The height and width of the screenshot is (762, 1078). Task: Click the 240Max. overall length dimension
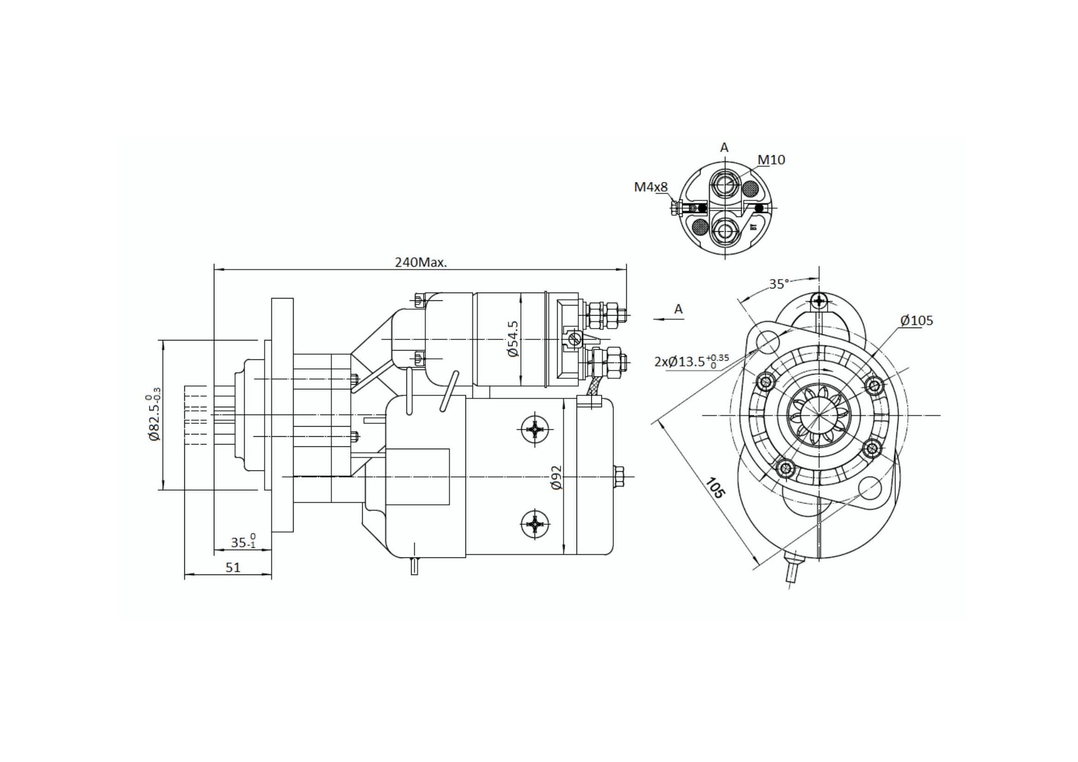(421, 262)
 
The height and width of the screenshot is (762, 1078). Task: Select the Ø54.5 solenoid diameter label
(513, 339)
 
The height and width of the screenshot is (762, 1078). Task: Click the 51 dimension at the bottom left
(233, 568)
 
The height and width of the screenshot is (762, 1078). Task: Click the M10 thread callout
(771, 160)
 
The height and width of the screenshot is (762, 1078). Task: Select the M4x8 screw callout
(651, 187)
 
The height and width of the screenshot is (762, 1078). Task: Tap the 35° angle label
(779, 284)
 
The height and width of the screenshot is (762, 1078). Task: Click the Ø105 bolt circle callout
(917, 321)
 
